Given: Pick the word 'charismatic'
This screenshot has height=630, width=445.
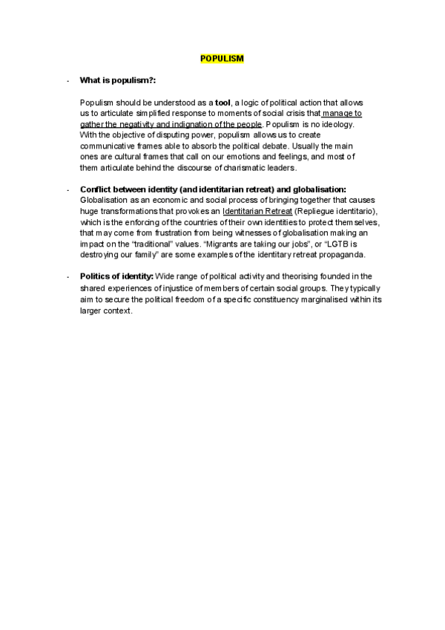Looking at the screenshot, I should [x=230, y=168].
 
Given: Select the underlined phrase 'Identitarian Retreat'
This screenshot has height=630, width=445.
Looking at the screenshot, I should [x=257, y=212].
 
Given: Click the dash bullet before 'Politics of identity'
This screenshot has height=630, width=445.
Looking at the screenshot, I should [x=67, y=277].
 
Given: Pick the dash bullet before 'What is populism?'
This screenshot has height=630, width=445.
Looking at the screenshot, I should [x=67, y=80].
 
